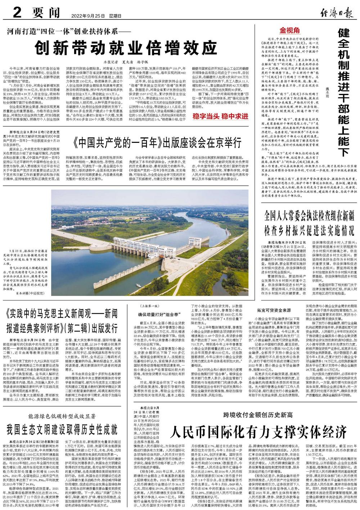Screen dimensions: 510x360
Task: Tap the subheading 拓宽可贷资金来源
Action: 274,310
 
